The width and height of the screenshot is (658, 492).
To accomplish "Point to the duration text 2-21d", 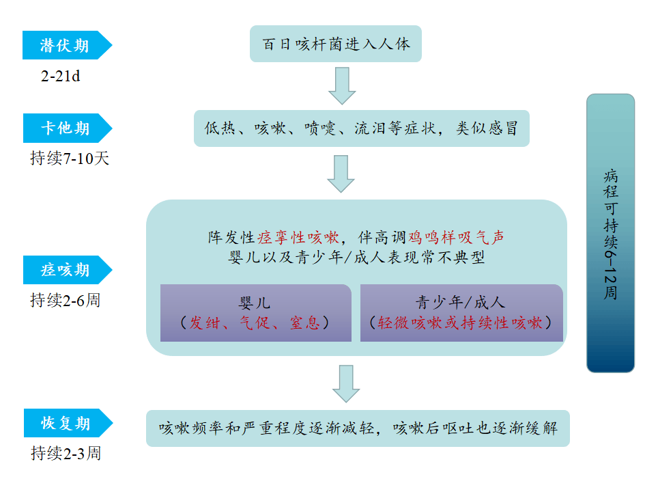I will (x=60, y=76).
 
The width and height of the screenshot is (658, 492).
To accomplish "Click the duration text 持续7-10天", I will (x=70, y=159).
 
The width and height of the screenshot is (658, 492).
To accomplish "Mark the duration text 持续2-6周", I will (x=65, y=300).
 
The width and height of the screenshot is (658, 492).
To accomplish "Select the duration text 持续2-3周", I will (x=66, y=453).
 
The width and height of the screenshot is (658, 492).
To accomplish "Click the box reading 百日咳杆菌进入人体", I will (x=336, y=44).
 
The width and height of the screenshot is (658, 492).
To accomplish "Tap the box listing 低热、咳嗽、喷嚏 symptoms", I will (x=361, y=128).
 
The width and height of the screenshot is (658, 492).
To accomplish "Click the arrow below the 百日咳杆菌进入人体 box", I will (x=342, y=85).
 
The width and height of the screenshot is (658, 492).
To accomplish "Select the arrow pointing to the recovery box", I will (x=346, y=383).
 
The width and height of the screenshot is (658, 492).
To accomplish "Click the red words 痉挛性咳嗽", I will (x=298, y=238).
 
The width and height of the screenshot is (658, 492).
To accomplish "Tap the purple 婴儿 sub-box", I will (x=255, y=313).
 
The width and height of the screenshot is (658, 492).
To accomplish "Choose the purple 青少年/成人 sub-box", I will (x=461, y=313).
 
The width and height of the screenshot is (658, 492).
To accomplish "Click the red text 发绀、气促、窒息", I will (x=255, y=323).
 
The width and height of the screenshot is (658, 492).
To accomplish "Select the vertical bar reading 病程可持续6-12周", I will (x=610, y=233).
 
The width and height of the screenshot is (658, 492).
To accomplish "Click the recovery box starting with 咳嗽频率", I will (x=358, y=428).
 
